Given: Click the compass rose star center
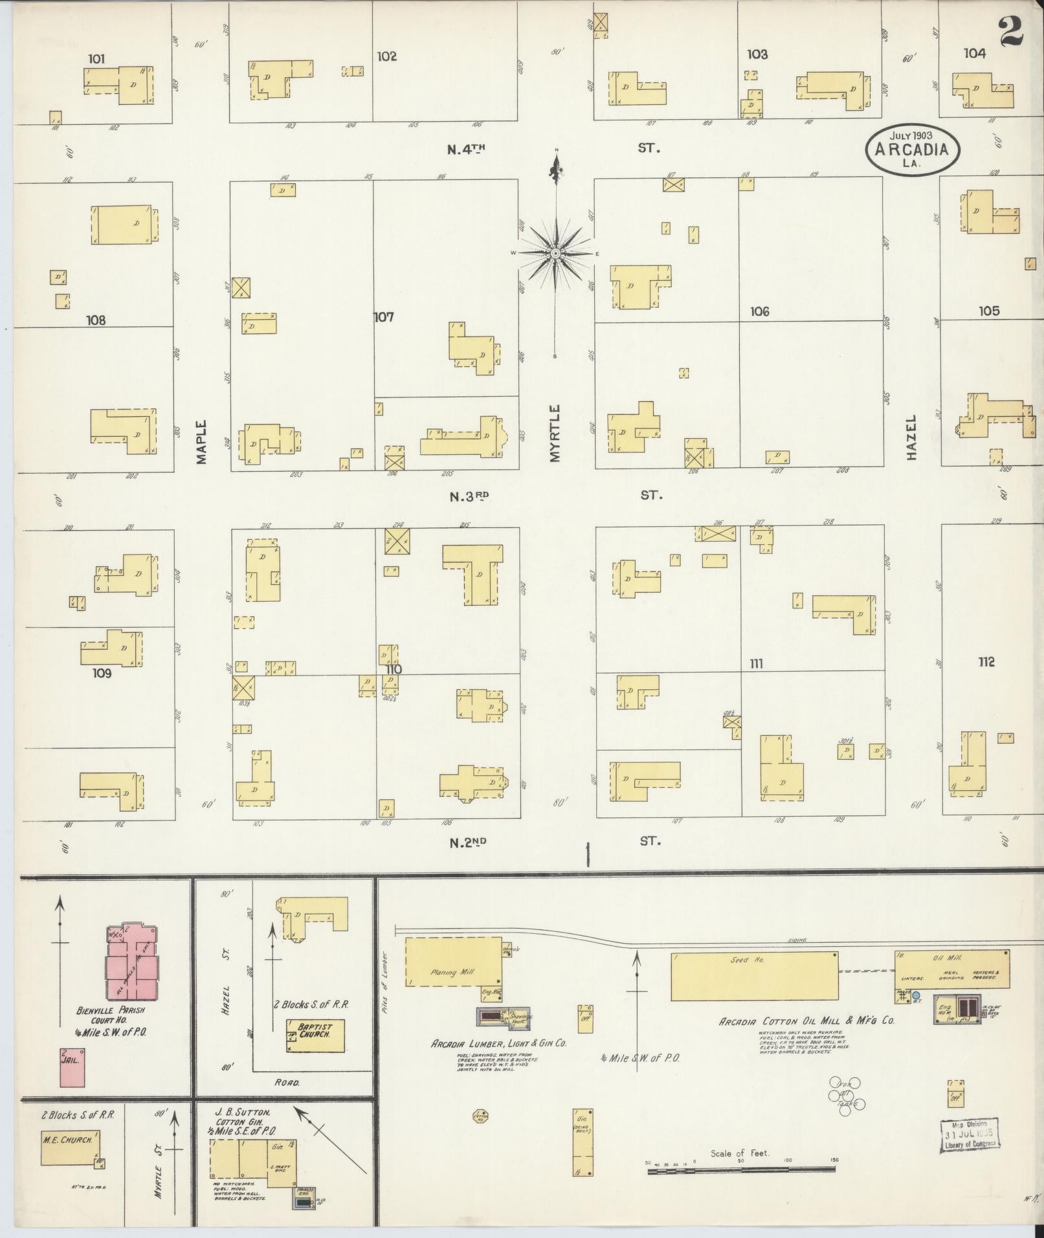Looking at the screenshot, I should (555, 253).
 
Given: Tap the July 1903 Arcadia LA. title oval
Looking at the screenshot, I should (913, 149).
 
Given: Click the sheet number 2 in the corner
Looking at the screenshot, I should (1010, 30).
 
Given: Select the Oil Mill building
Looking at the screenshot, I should (951, 969).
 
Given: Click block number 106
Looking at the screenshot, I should (759, 311).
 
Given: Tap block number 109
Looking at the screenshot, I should (102, 673).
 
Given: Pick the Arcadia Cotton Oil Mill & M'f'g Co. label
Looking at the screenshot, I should (806, 1039).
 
